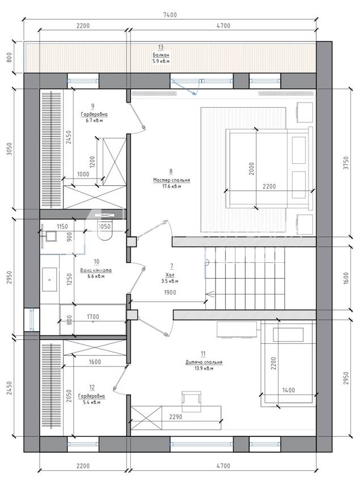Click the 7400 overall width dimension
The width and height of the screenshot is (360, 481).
click(170, 15)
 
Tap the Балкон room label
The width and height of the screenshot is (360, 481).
click(161, 55)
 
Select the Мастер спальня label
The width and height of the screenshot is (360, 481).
click(172, 180)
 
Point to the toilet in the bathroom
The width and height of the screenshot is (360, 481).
click(105, 232)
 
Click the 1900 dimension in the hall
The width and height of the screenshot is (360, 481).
click(170, 292)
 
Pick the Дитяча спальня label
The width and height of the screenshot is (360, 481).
click(204, 362)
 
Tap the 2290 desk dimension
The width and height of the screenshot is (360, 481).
click(176, 417)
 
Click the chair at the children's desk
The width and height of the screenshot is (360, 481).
click(191, 401)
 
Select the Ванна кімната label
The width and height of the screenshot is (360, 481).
click(96, 271)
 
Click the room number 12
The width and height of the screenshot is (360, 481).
click(92, 387)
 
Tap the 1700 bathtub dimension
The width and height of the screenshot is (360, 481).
click(93, 317)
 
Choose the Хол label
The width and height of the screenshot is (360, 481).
click(170, 275)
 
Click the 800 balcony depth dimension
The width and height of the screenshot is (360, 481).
click(9, 57)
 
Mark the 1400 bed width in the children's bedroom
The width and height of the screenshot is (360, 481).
click(289, 390)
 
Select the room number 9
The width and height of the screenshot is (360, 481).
click(92, 106)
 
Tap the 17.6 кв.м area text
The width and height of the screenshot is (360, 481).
click(171, 186)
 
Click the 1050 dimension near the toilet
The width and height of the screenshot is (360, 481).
click(104, 227)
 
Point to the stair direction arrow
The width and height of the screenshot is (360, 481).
click(210, 294)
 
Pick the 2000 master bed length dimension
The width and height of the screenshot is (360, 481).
click(252, 169)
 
